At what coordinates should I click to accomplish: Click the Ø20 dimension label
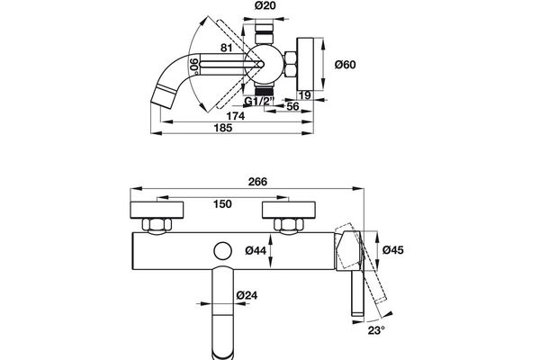click(265, 6)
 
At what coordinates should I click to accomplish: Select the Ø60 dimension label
click(345, 65)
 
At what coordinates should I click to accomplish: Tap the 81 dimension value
click(226, 48)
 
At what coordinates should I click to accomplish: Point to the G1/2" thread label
click(259, 101)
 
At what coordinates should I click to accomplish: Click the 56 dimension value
click(292, 106)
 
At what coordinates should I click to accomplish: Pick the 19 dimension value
click(304, 95)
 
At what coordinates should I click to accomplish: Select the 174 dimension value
click(236, 116)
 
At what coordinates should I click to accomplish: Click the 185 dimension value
click(223, 128)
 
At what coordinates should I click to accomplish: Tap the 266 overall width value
click(257, 182)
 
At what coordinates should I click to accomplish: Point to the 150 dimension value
click(222, 204)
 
